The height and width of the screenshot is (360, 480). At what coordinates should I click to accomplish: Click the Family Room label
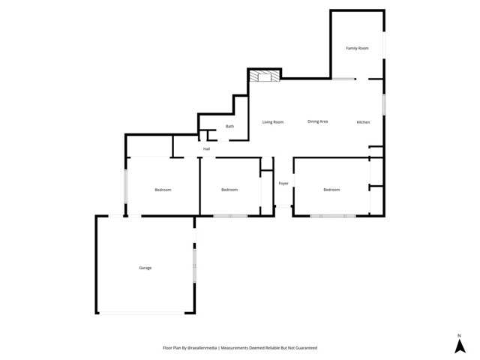357,48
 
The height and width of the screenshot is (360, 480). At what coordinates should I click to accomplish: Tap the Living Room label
272,121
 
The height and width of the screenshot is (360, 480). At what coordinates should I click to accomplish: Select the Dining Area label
318,121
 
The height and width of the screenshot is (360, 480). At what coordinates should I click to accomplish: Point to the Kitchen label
363,121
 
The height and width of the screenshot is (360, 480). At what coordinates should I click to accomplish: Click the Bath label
229,126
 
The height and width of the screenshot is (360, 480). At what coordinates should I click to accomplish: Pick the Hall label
206,148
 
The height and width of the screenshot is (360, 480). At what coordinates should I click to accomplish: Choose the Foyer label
283,183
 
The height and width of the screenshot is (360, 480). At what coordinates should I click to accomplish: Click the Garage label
145,268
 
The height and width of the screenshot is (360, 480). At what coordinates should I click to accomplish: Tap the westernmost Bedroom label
163,190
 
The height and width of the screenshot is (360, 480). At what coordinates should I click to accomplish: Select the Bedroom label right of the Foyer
331,190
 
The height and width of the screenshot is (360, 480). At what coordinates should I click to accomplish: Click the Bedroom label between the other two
229,190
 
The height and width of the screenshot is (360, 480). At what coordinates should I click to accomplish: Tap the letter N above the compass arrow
458,335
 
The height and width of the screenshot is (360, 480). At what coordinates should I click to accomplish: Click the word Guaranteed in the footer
304,348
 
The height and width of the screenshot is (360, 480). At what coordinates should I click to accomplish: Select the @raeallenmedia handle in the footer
201,348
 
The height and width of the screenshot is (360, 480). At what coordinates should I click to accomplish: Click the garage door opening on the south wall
142,313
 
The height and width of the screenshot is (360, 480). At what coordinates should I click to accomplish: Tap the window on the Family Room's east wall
384,43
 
